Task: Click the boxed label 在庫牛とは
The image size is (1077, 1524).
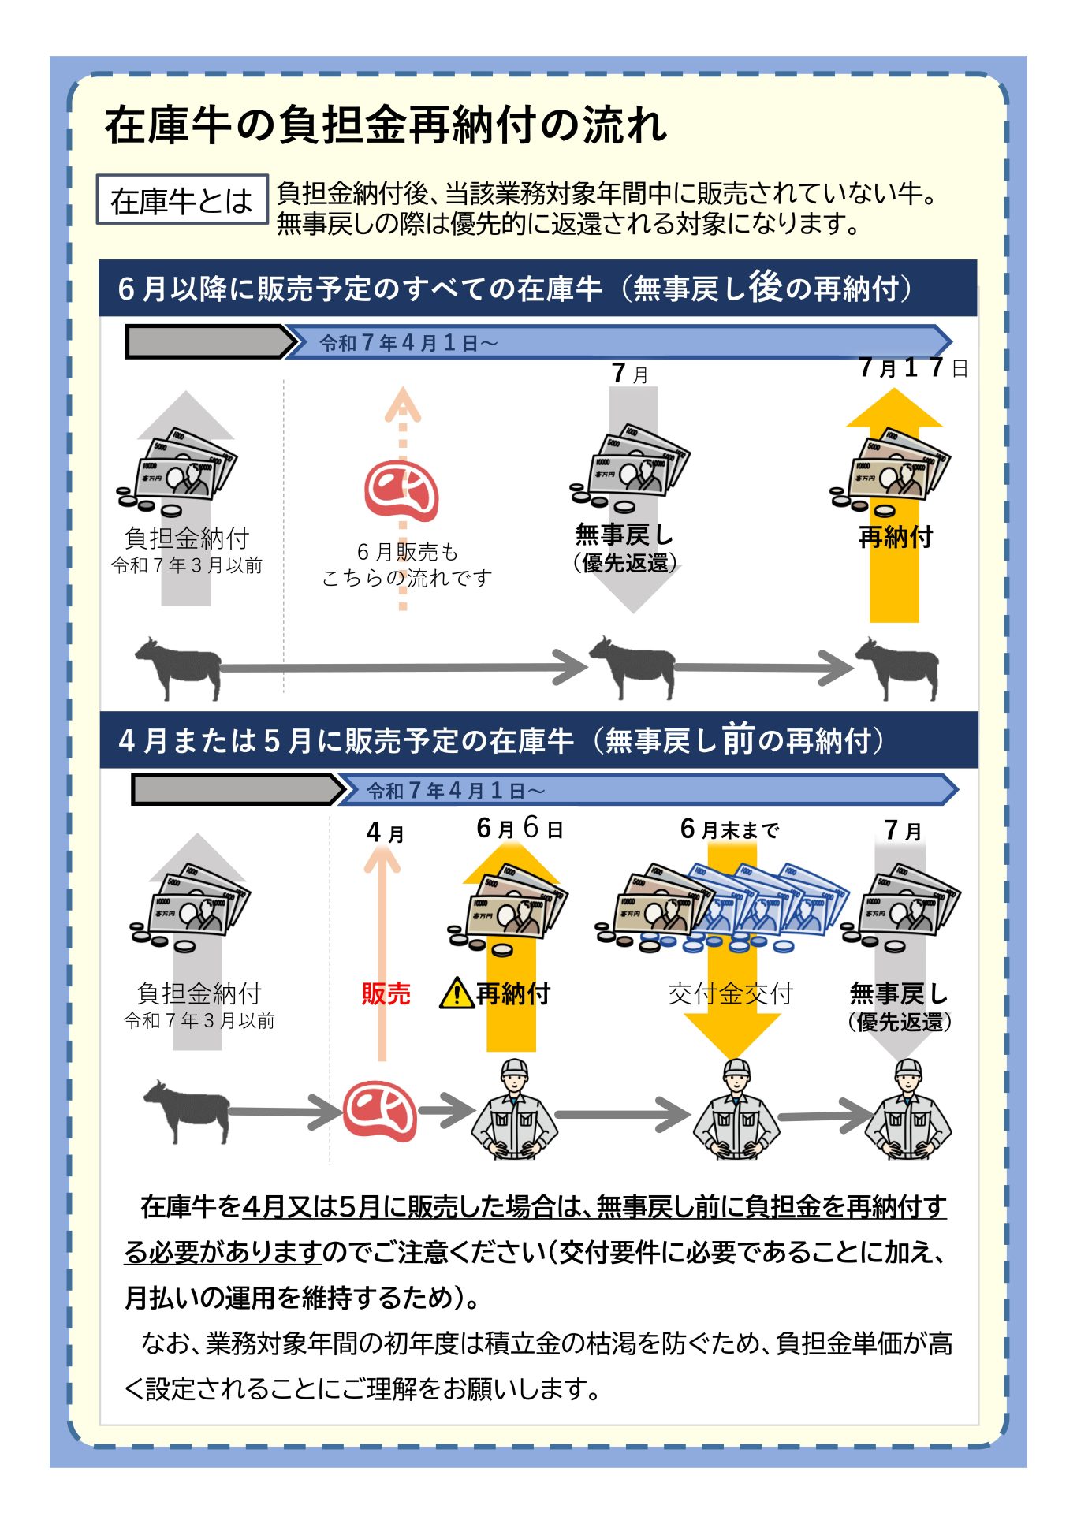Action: [182, 199]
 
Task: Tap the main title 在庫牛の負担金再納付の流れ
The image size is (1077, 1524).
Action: [386, 125]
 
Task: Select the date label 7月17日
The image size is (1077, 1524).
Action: [914, 367]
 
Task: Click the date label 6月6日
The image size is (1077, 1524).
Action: [520, 828]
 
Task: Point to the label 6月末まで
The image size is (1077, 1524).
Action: [729, 829]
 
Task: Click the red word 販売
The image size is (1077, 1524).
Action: [386, 993]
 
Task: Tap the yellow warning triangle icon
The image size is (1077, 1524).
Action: [457, 993]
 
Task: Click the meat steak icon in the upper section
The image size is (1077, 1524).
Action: [401, 491]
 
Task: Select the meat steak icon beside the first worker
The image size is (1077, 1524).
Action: [380, 1111]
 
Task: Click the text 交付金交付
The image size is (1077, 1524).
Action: [730, 993]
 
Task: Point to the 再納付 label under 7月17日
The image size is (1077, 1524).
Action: [895, 537]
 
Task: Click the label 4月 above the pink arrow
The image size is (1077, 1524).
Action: [386, 833]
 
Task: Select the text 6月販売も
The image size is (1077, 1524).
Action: [407, 551]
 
